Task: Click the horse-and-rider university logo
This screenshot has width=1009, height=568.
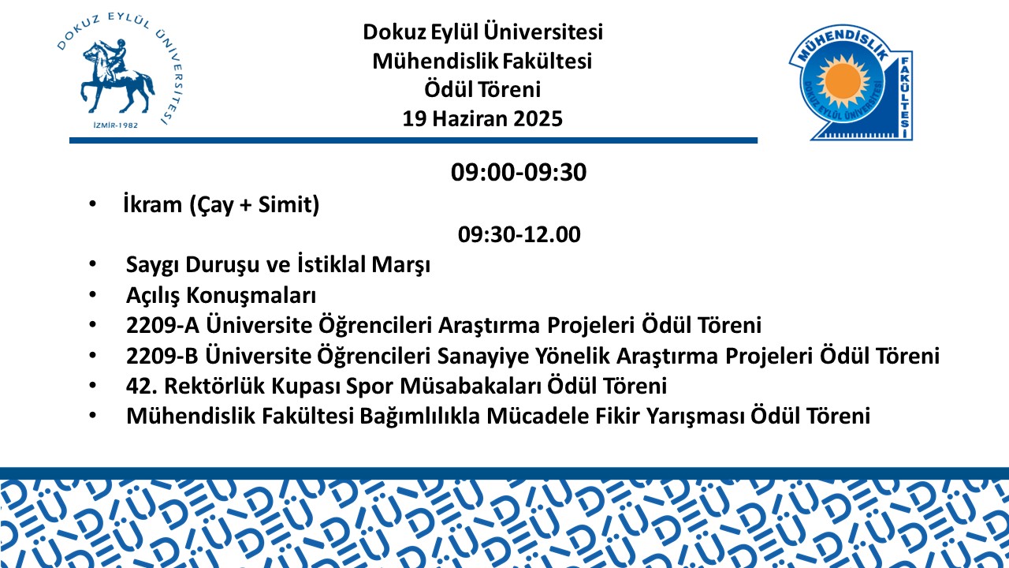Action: tap(119, 71)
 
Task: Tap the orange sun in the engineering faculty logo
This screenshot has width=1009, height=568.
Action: tap(843, 81)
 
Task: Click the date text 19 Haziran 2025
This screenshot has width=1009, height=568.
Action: tap(482, 119)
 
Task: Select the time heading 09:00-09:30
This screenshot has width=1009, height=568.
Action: tap(519, 172)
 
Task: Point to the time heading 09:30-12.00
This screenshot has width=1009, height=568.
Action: tap(519, 234)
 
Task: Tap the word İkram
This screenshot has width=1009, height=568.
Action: tap(153, 204)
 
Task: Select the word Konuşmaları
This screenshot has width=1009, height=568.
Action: tap(251, 296)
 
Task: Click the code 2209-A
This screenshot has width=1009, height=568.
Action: tap(162, 325)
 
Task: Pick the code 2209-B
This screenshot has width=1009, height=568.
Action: tap(162, 356)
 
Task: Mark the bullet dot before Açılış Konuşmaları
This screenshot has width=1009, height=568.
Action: tap(93, 295)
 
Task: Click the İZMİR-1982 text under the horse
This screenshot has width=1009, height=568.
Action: tap(115, 125)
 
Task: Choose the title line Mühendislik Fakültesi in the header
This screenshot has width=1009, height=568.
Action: tap(482, 61)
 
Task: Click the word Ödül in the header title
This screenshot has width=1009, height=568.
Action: tap(449, 89)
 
